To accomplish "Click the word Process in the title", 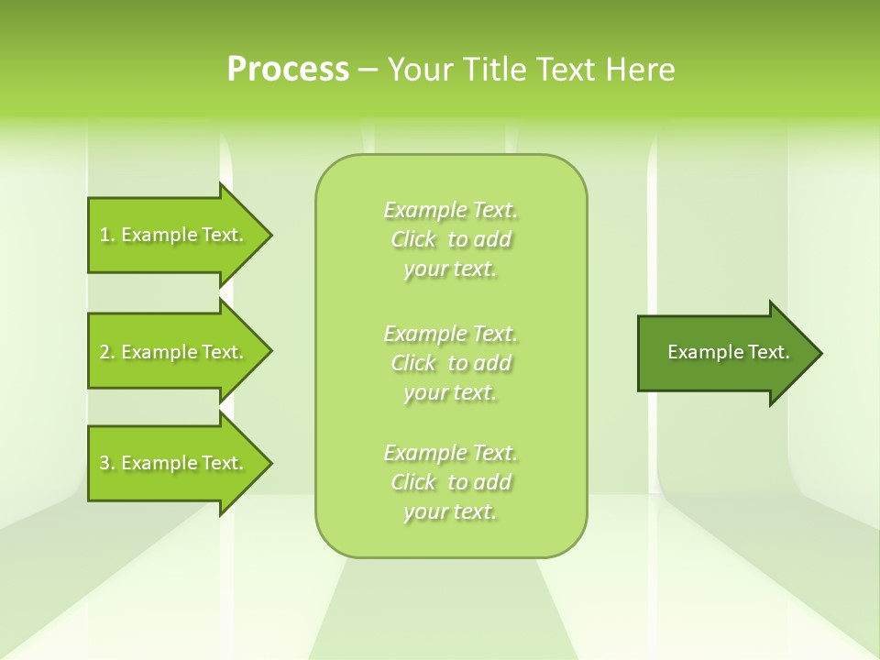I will [x=288, y=70].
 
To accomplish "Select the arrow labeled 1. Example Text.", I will [x=174, y=235].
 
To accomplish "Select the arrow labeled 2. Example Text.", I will [x=174, y=352].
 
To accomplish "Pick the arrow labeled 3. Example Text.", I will [x=174, y=463].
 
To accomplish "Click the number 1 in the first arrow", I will [x=104, y=235].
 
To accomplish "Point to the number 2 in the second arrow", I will [x=104, y=352].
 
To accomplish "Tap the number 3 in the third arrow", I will [x=104, y=463].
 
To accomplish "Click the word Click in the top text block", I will [x=414, y=240].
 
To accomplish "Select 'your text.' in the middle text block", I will [x=450, y=392].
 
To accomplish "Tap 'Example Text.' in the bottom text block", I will [x=450, y=453].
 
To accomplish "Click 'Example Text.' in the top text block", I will [x=450, y=210].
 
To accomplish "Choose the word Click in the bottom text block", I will [x=414, y=482].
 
